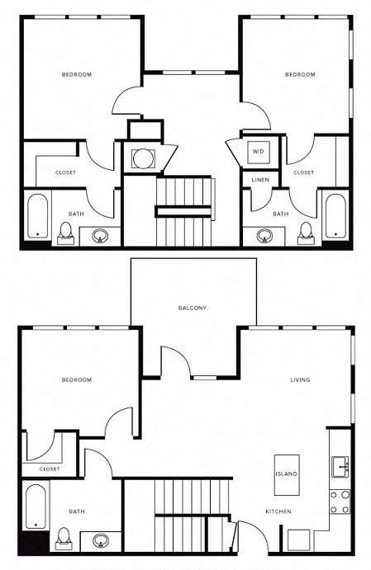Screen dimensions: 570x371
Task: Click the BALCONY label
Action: pos(193,309)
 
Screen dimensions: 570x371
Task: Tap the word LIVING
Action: pos(299,380)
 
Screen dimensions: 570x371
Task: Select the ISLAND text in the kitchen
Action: pos(287,474)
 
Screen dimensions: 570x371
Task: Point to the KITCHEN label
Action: pos(278,512)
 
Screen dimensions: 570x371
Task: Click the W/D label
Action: pos(258,152)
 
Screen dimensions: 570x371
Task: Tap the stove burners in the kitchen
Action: pos(340,502)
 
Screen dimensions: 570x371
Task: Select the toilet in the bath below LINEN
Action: pos(306,230)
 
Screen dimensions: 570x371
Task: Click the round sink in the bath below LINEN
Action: pos(264,235)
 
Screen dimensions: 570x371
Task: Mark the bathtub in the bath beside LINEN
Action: pos(334,216)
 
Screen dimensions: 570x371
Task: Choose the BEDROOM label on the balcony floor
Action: pos(76,380)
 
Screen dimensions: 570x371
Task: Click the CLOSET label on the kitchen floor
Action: pos(50,469)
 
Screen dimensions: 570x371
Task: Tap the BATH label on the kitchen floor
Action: pos(76,512)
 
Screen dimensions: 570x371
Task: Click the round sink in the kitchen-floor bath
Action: pos(101,542)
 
